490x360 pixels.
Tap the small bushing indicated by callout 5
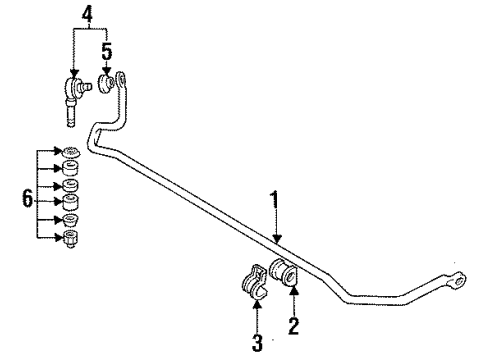tap(108, 83)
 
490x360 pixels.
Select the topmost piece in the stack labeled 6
tap(71, 154)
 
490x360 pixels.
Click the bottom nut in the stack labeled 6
tap(71, 238)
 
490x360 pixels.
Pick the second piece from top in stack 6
tap(71, 170)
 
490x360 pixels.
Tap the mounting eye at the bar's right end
tap(457, 283)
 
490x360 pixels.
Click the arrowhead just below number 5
tap(107, 67)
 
